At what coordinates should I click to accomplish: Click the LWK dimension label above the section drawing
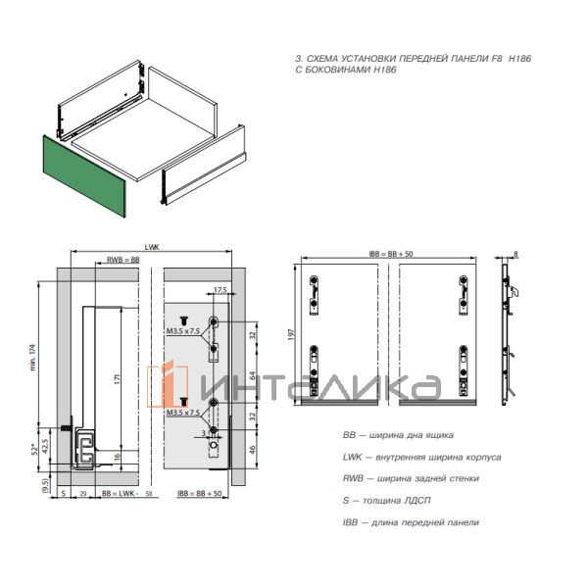(x=152, y=248)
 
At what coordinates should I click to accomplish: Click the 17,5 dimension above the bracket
(x=220, y=290)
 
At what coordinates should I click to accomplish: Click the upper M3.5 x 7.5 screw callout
(x=183, y=333)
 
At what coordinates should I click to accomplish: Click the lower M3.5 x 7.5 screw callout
(x=183, y=414)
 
